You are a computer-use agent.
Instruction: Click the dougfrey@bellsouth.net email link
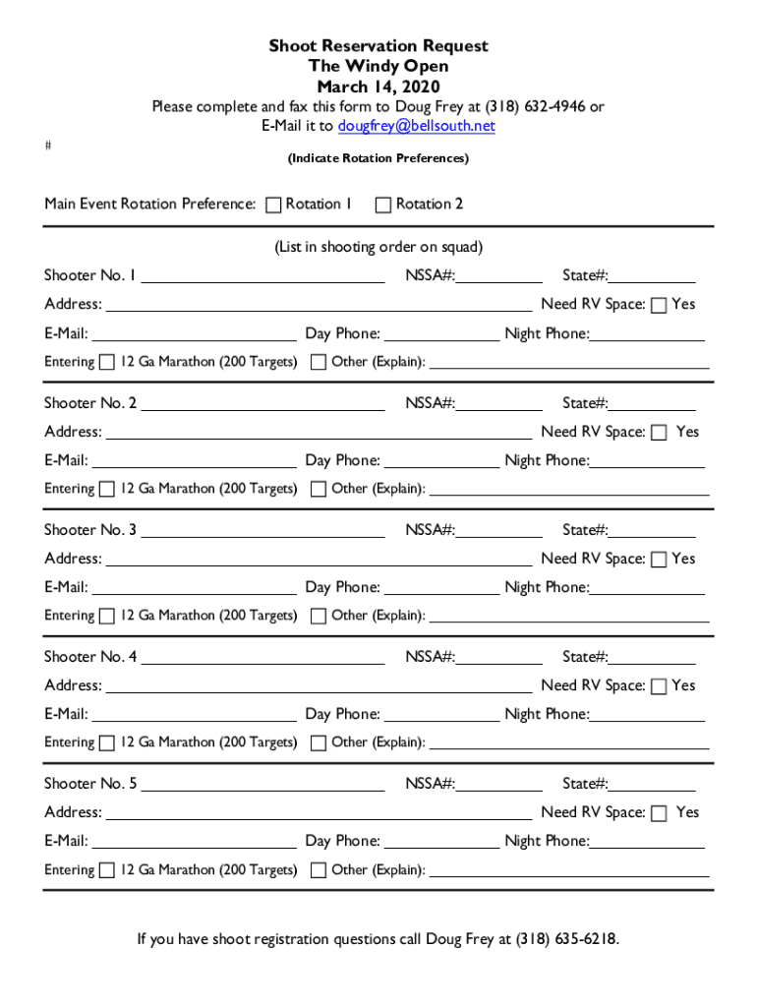[416, 126]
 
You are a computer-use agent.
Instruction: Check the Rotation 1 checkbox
[273, 205]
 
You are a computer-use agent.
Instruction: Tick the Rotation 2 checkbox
[383, 205]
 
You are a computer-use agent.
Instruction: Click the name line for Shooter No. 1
[263, 277]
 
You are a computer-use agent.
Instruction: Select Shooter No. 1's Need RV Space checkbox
[659, 305]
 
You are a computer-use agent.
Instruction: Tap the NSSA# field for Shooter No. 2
[499, 404]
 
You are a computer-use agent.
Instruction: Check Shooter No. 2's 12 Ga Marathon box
[106, 489]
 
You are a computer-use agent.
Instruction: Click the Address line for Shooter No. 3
[319, 561]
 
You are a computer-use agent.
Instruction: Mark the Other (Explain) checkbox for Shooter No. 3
[319, 617]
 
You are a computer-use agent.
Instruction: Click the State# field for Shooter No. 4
[652, 658]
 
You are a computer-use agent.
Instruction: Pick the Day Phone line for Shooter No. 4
[441, 716]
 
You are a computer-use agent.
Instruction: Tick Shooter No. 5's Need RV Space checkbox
[659, 813]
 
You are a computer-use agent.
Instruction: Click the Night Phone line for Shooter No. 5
[647, 843]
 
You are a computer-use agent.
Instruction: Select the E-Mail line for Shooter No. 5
[194, 843]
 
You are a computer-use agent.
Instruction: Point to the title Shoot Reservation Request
[378, 46]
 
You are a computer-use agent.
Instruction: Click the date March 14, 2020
[378, 87]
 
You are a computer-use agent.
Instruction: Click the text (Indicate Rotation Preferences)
[378, 158]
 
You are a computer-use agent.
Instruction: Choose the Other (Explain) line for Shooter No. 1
[569, 364]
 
